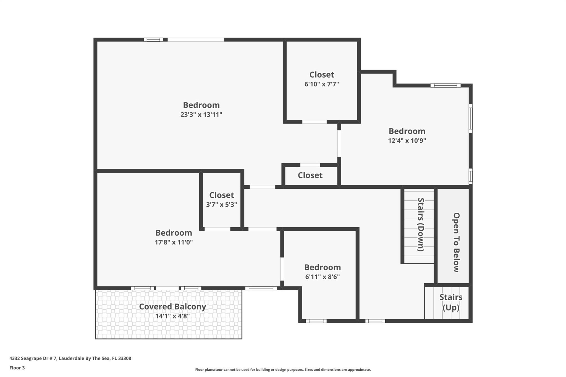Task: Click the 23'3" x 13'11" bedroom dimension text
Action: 201,115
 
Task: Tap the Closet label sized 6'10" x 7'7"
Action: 322,75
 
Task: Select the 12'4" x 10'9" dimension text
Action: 407,141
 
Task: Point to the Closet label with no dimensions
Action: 310,175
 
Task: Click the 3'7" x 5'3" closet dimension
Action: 221,205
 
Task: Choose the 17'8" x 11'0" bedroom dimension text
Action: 174,242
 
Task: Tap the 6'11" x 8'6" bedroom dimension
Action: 322,277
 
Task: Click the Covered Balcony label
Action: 172,307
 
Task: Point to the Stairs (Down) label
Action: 420,225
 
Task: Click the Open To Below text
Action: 456,242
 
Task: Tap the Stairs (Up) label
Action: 451,302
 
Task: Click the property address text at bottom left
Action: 70,358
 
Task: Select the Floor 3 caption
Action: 17,368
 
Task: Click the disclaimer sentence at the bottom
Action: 283,370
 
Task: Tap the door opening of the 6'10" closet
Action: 314,122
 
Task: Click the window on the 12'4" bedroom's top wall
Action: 445,85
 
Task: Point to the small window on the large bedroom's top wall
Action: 153,40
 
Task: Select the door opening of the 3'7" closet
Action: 217,229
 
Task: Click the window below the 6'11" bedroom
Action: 316,321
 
